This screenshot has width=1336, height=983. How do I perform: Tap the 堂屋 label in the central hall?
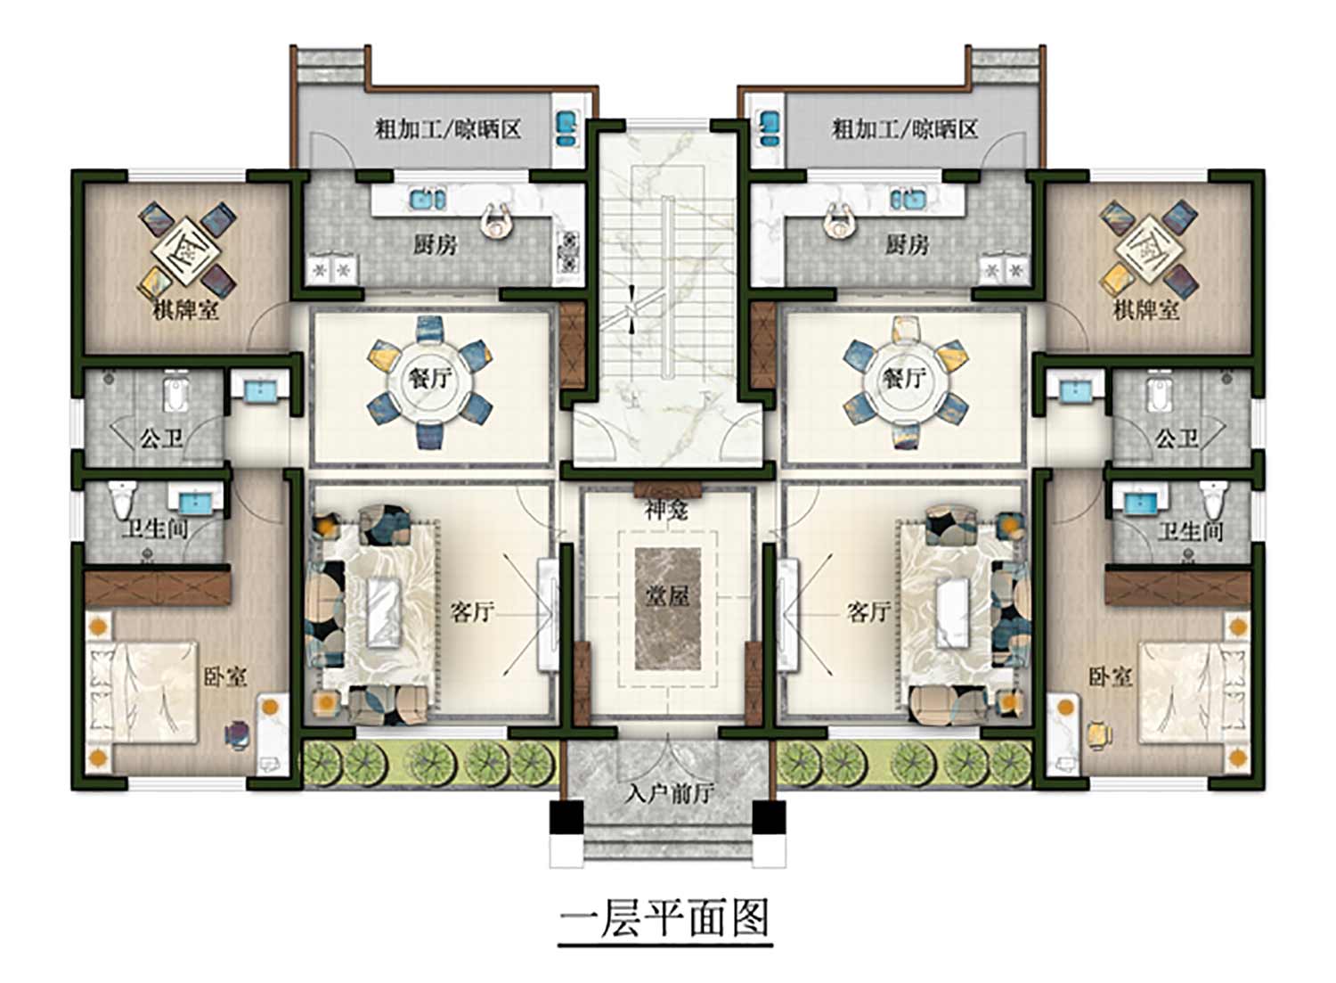(x=667, y=595)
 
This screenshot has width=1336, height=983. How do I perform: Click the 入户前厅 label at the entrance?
(x=671, y=793)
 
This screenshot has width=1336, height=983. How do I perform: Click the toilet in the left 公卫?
(x=176, y=390)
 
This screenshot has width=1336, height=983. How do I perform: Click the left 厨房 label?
(x=436, y=245)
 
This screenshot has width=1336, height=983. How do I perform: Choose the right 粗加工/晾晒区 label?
(x=906, y=129)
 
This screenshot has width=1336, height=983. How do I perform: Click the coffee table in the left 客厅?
(x=384, y=611)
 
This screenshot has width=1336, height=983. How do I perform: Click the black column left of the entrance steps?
(x=566, y=817)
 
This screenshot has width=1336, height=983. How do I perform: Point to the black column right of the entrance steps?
(x=770, y=817)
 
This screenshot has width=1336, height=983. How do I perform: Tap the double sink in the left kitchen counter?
(x=428, y=199)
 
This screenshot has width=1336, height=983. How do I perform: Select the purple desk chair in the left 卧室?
(x=239, y=734)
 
